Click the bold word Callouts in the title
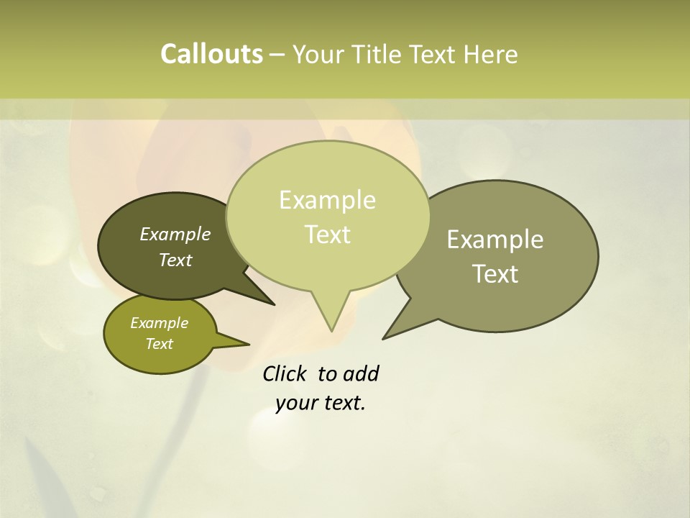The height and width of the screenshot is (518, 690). click(x=211, y=54)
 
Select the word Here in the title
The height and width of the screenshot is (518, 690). click(x=491, y=55)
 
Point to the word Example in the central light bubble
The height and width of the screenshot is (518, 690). click(x=327, y=200)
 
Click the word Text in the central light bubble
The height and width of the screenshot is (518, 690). click(x=328, y=235)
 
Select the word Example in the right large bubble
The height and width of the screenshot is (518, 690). click(x=495, y=240)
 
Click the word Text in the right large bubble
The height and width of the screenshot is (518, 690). click(x=496, y=274)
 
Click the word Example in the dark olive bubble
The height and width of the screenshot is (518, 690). click(x=175, y=234)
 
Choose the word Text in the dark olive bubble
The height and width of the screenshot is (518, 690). click(x=175, y=260)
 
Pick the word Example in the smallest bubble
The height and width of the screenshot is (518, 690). click(x=160, y=323)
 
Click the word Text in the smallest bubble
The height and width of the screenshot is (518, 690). click(x=160, y=344)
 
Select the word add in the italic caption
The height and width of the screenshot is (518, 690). click(x=361, y=374)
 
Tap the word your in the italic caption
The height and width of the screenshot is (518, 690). click(x=295, y=403)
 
